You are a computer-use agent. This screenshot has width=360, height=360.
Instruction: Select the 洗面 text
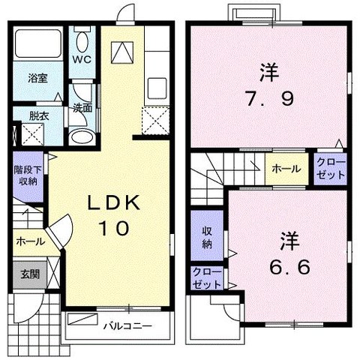pyautogui.click(x=82, y=108)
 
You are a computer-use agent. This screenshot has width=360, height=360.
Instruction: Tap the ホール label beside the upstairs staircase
pyautogui.click(x=286, y=169)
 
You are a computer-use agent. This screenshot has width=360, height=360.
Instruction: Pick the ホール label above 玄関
pyautogui.click(x=29, y=241)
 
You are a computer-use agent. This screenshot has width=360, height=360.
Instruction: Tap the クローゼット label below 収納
pyautogui.click(x=206, y=277)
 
